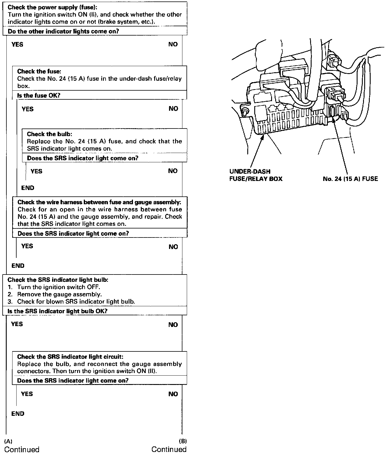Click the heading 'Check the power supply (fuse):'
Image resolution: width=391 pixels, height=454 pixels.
41,7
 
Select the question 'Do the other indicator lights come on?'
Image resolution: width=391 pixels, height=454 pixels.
63,31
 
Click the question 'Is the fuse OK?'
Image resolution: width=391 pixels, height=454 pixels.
39,95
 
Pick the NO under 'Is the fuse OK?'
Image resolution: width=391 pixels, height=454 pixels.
173,109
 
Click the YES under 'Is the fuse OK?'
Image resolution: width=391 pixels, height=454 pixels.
28,109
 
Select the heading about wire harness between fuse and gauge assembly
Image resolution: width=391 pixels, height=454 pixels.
99,202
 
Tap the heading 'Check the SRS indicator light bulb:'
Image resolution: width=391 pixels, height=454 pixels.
58,280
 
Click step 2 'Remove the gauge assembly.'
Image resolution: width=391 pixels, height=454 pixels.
59,294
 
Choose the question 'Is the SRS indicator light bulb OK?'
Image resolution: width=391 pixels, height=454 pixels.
58,311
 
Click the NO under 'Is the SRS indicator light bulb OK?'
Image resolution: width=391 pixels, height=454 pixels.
173,325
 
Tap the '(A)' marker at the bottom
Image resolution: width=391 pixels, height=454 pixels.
8,441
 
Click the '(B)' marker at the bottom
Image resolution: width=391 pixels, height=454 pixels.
182,441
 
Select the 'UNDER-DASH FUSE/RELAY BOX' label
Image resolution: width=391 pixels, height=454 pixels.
256,175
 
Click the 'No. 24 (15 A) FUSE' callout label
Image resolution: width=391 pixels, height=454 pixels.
350,179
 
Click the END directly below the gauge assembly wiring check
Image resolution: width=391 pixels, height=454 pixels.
18,265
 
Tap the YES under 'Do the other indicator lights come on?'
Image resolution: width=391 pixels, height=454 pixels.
17,44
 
